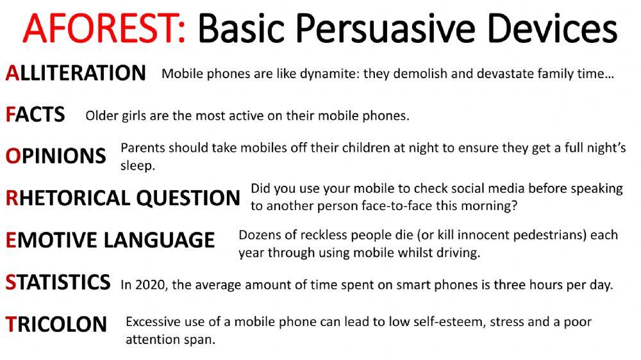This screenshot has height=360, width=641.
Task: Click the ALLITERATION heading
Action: (x=76, y=73)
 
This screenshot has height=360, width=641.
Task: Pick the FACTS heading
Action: (x=35, y=115)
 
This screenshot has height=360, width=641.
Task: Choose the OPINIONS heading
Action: (x=56, y=156)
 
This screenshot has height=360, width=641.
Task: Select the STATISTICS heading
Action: (x=58, y=282)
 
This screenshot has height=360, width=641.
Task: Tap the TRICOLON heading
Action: (x=56, y=324)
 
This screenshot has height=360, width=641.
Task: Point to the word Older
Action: (x=101, y=116)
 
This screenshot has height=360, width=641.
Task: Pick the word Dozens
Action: (x=259, y=234)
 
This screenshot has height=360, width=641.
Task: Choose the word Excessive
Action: (x=153, y=322)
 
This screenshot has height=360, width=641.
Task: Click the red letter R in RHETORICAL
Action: (x=11, y=198)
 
